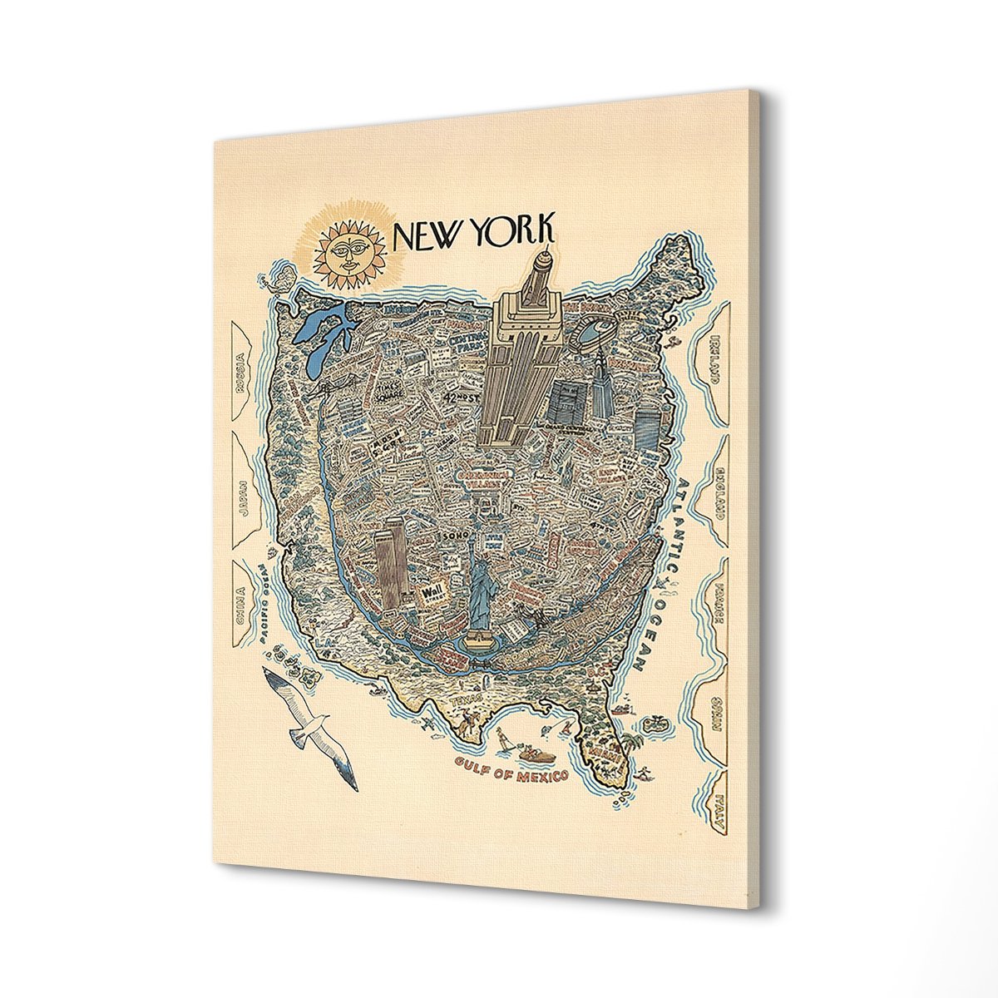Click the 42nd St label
coord(458,399)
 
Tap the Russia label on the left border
coord(240,368)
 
